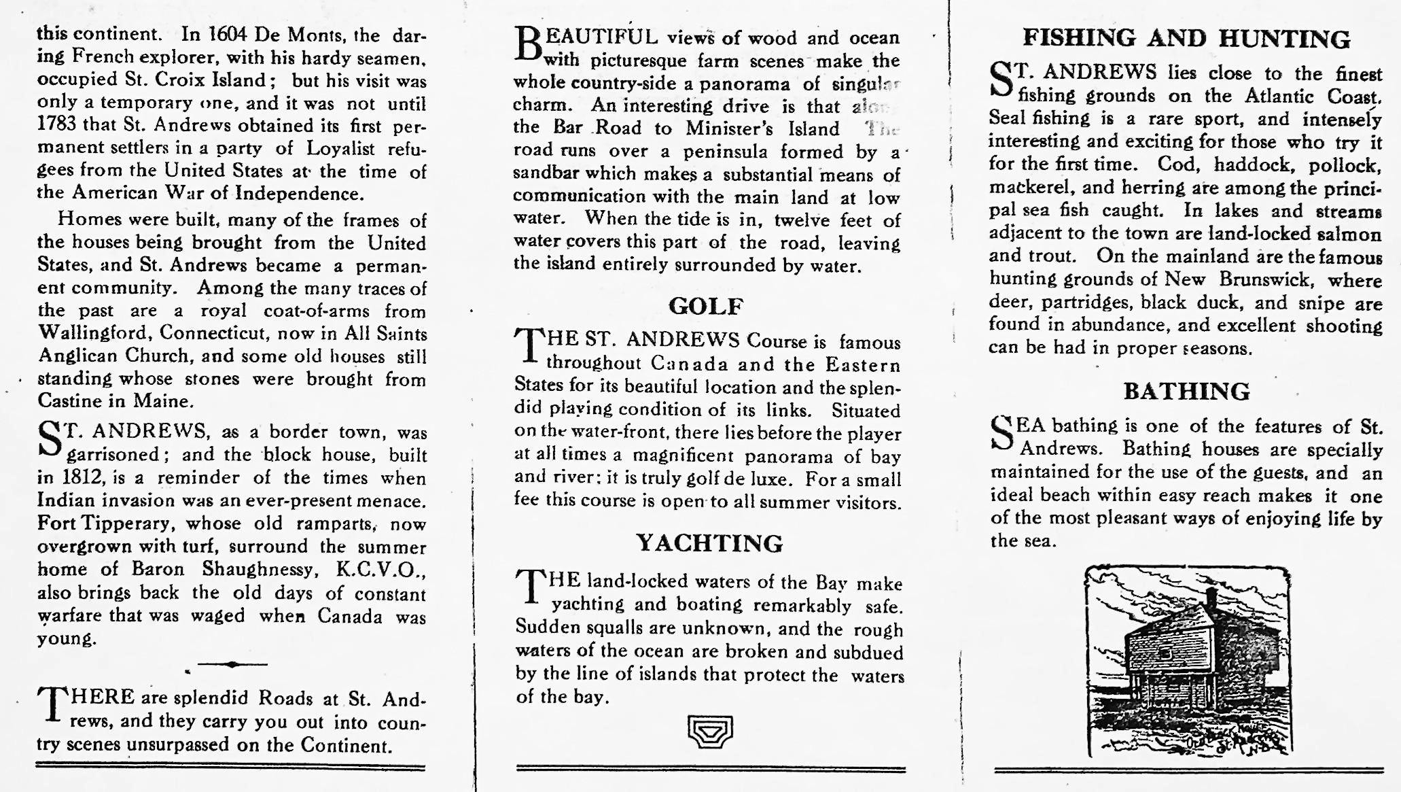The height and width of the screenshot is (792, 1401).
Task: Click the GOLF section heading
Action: tap(706, 307)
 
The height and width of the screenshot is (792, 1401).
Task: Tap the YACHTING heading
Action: tap(709, 543)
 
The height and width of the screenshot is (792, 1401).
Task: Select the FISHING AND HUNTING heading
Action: tap(1186, 39)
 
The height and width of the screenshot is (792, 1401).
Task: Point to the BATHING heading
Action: tap(1186, 392)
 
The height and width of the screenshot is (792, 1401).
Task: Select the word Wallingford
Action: tap(94, 334)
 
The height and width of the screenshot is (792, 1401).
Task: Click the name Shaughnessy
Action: tap(255, 569)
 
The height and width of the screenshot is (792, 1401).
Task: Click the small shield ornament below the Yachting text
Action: tap(710, 731)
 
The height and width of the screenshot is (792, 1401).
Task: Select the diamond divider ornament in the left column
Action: tap(232, 664)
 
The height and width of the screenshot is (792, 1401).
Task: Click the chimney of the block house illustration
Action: tap(1211, 599)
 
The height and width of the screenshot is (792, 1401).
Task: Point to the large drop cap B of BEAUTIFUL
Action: tap(529, 45)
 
